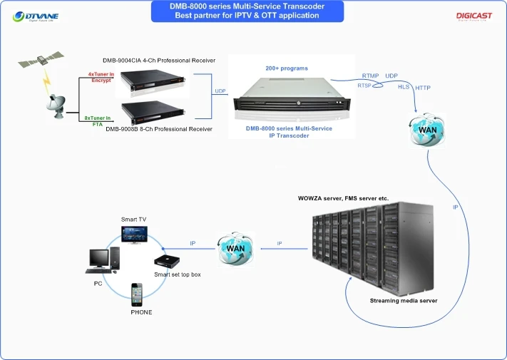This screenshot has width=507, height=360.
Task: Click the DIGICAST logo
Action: pos(472,15)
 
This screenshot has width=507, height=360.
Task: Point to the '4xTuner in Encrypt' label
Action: pos(99,77)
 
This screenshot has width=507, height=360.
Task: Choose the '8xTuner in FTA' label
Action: pos(98,120)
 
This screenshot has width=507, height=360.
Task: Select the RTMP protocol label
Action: pos(370,76)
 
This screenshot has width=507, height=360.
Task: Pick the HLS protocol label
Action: pos(404,86)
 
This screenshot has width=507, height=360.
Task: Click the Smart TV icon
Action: pos(133,235)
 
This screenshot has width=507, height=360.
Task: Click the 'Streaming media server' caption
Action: pos(404,301)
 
